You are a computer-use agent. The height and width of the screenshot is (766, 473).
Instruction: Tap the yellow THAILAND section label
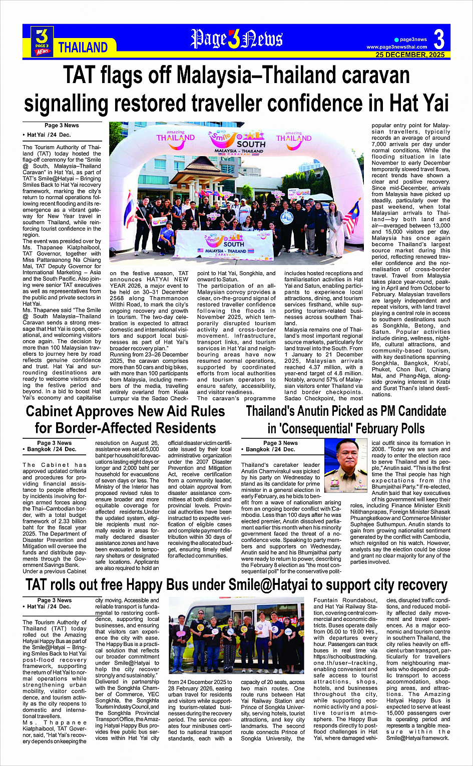[x=83, y=48]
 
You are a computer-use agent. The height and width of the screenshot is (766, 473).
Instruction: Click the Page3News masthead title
[x=237, y=39]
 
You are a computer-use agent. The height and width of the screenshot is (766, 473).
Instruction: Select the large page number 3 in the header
[x=439, y=39]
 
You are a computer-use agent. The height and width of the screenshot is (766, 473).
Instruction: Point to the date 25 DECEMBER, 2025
[x=410, y=55]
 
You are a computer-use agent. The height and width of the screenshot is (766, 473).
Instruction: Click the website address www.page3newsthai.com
[x=397, y=47]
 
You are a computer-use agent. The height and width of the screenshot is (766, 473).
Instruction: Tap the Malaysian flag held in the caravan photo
[x=352, y=217]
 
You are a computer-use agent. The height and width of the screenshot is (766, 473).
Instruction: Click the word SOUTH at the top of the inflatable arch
[x=251, y=144]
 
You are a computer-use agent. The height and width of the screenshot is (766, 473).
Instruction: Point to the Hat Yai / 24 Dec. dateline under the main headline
[x=49, y=135]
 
